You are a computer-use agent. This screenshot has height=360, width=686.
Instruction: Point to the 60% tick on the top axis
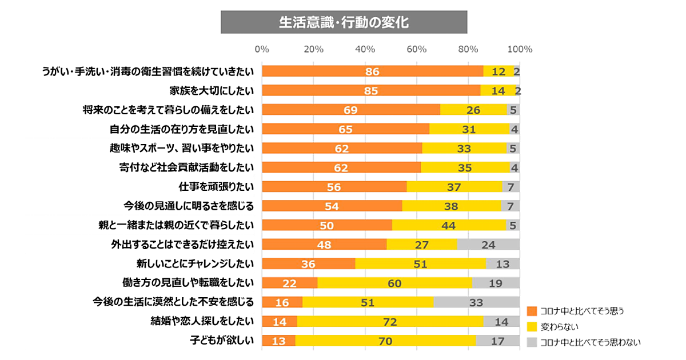[x=417, y=49]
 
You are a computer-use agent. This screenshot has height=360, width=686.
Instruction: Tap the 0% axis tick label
[x=262, y=49]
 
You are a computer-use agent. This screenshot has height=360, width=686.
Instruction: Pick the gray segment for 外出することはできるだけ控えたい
[x=488, y=245]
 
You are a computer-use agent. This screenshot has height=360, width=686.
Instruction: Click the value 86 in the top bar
[x=372, y=71]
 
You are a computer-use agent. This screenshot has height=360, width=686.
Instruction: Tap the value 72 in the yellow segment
[x=390, y=322]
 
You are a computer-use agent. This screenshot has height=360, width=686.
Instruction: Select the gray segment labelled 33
[x=476, y=302]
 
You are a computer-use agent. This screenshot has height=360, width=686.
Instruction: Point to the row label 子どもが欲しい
[x=222, y=341]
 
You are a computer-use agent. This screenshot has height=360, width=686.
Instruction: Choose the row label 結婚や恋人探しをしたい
[x=202, y=322]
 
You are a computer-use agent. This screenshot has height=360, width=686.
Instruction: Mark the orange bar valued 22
[x=289, y=283]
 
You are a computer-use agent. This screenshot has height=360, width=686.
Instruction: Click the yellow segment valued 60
[x=394, y=283]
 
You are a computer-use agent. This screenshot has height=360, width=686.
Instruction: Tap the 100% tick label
[x=520, y=49]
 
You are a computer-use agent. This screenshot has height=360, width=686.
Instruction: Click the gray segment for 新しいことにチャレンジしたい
[x=502, y=263]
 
